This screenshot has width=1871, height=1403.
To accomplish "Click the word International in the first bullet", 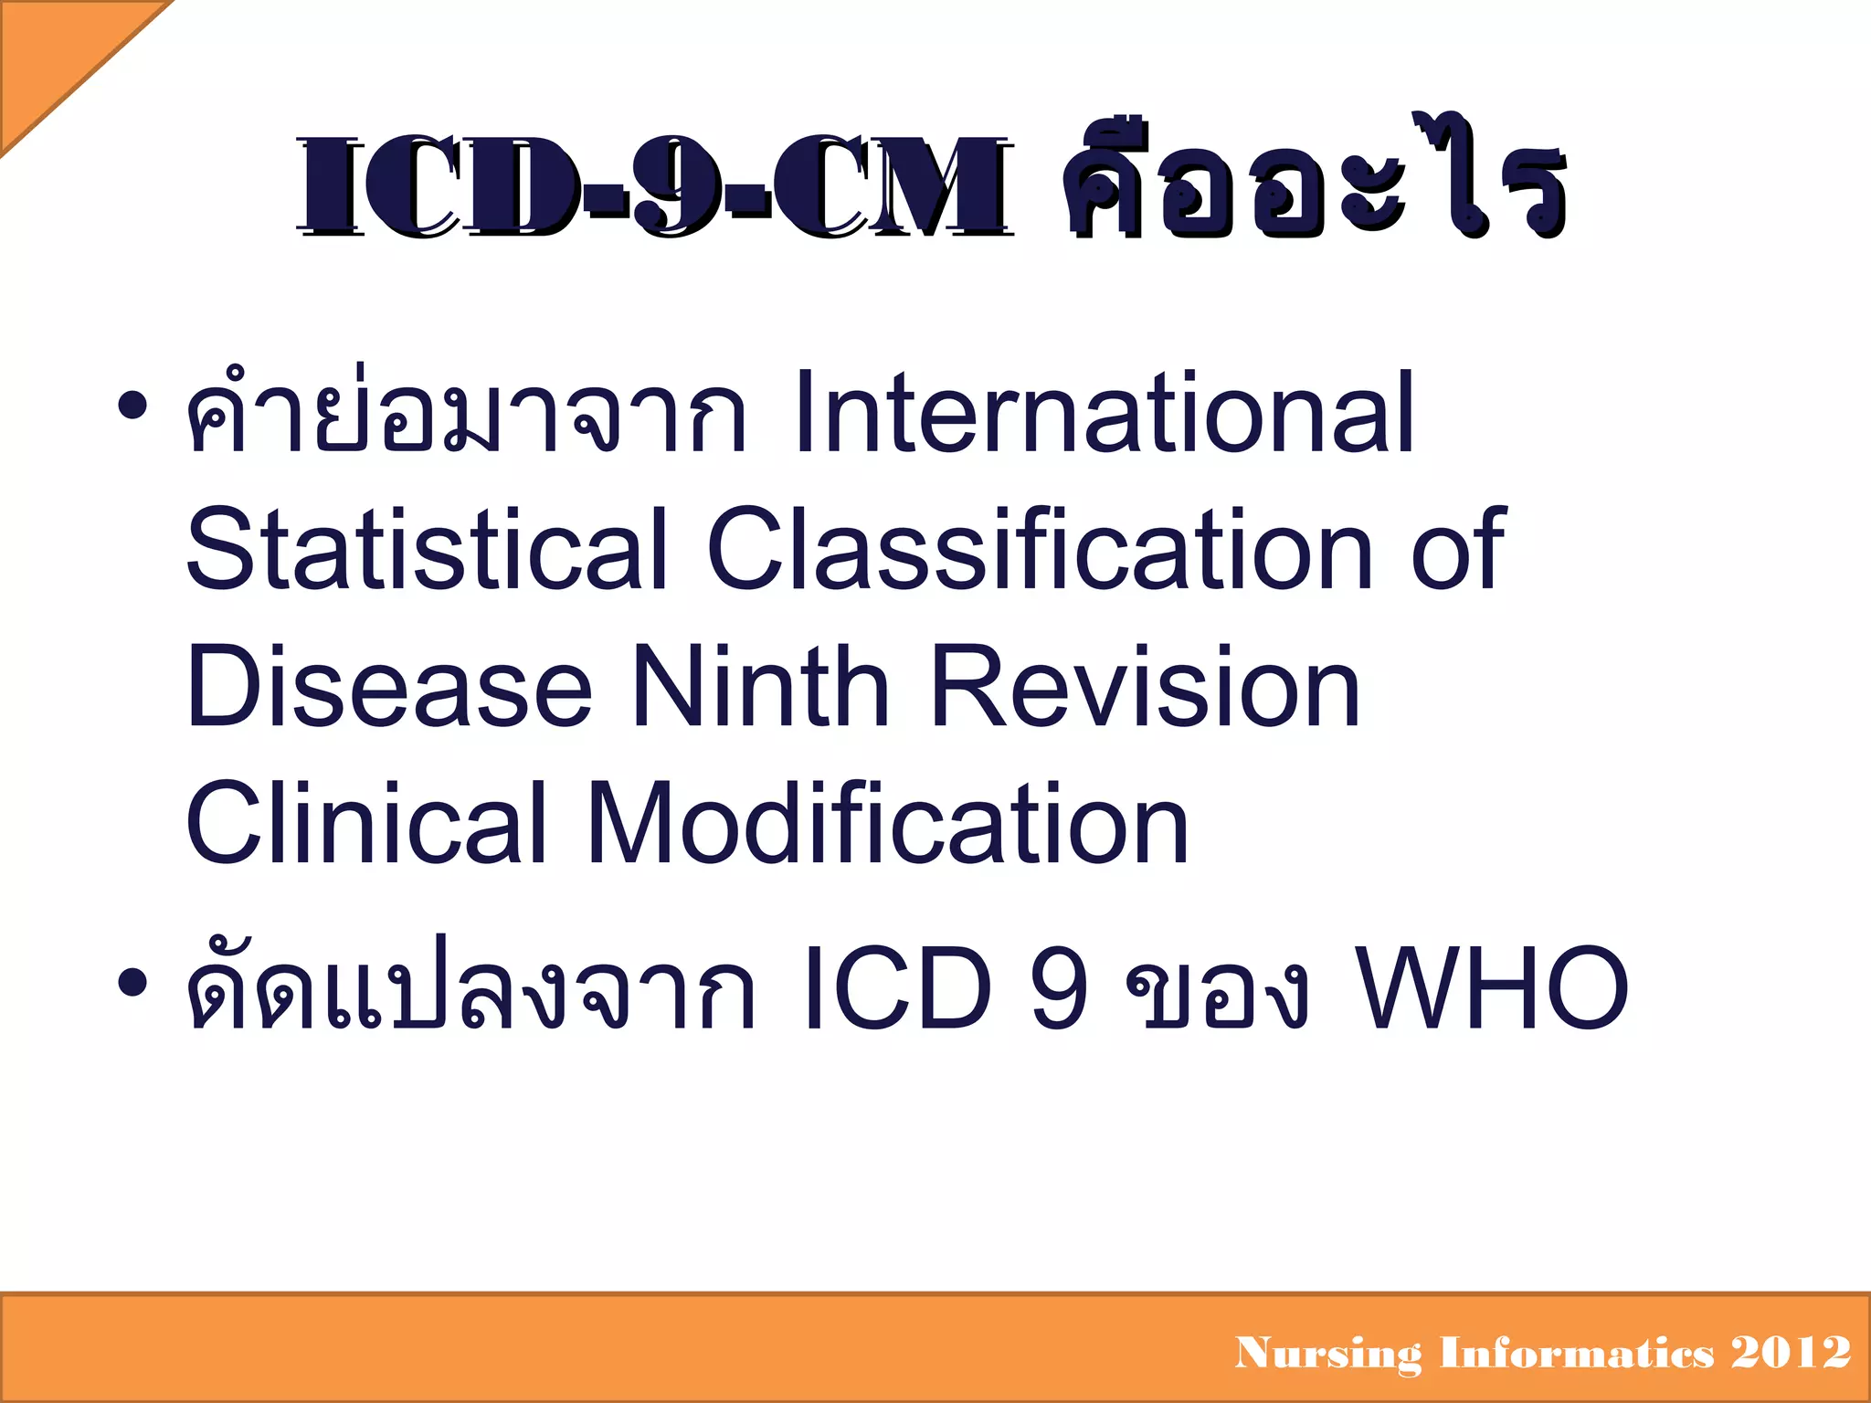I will (1104, 413).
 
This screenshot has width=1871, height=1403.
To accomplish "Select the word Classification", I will (1040, 550).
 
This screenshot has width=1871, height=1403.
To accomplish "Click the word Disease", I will (389, 687).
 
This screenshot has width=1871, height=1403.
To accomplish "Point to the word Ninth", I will (760, 687).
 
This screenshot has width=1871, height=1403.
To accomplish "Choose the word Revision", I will (1144, 687).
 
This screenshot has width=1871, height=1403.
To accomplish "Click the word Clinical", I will (365, 824).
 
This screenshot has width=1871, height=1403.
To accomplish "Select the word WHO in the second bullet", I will (1491, 988).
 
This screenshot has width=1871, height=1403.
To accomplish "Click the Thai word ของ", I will (1219, 996).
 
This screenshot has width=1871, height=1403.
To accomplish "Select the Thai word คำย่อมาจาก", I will (466, 416).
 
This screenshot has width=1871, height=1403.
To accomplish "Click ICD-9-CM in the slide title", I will (654, 187).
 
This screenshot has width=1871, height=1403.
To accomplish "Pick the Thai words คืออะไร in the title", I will (1316, 183).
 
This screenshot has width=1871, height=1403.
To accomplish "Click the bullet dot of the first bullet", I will (132, 406).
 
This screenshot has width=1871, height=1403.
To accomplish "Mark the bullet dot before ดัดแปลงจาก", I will (132, 982).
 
